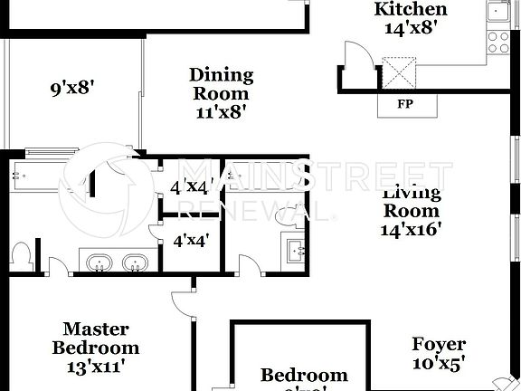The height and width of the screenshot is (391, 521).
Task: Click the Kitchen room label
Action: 411,10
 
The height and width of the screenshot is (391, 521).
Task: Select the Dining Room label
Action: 221,83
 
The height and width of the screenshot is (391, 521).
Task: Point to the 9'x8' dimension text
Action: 72,89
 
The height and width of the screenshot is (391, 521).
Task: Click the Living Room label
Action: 411,201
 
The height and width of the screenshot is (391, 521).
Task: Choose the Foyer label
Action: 439,344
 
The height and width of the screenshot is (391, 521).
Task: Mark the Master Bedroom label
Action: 95,339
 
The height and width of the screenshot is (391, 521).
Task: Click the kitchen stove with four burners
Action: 498,41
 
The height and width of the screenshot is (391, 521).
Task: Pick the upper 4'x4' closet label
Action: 191,187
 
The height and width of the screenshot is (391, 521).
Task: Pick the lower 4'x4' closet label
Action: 191,243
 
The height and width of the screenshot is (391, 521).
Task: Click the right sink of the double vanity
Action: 136,263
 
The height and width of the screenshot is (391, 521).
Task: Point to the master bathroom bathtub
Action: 41,172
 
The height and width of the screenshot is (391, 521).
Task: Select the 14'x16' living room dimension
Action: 411,229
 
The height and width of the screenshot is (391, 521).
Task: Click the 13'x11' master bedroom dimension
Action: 95,367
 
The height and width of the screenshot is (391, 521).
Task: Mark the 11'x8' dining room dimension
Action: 221,112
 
